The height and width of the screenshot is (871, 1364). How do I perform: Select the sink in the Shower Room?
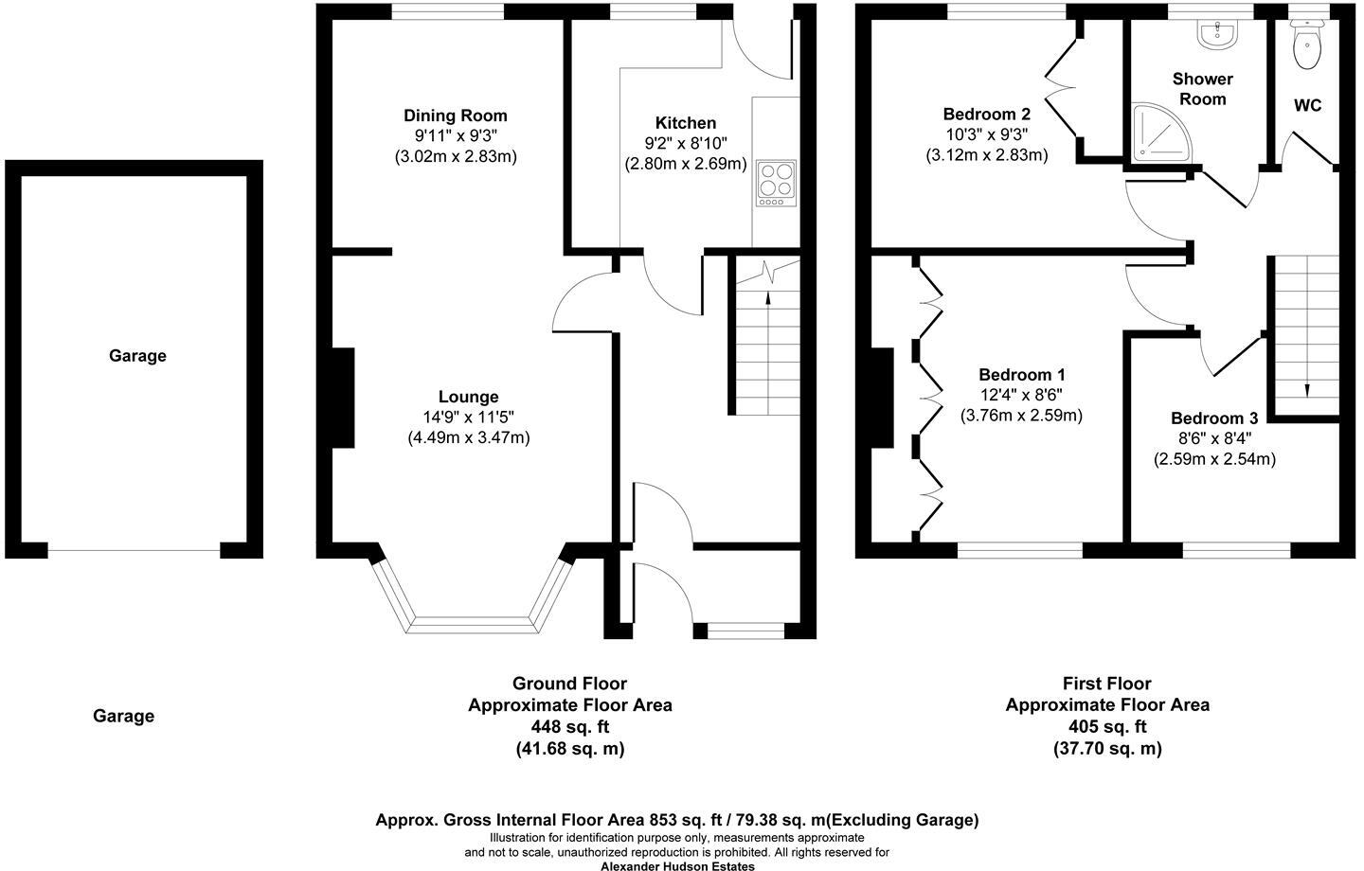[1215, 35]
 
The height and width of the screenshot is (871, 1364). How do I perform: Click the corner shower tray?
[1155, 132]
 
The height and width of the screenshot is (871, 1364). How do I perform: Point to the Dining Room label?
[456, 116]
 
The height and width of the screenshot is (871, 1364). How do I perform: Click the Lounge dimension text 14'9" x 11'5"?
[468, 418]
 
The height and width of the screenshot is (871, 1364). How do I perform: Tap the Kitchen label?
[686, 123]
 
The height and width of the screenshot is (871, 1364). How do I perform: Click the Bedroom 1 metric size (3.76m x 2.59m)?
[1021, 415]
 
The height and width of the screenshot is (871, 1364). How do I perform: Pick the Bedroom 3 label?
[1213, 418]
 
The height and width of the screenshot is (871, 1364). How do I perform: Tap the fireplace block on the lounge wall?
[342, 398]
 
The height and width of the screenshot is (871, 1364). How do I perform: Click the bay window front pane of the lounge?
[474, 625]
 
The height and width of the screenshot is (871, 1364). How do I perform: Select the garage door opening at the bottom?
[134, 551]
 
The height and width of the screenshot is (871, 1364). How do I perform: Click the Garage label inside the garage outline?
[137, 356]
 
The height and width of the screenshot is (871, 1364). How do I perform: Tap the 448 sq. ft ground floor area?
[569, 727]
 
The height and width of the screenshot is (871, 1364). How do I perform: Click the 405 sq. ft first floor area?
[1106, 727]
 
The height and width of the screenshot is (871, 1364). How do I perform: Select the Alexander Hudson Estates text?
[678, 865]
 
